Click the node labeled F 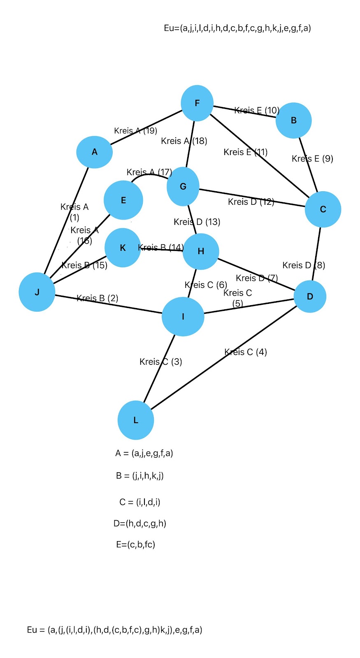click(x=197, y=103)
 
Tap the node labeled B click(x=293, y=120)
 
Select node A click(x=95, y=152)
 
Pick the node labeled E click(x=123, y=200)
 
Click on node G click(x=183, y=187)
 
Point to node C click(x=323, y=209)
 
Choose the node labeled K click(x=123, y=248)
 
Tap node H click(x=201, y=251)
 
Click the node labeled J click(x=37, y=292)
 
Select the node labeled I click(x=183, y=317)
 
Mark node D click(x=310, y=297)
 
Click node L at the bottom click(x=136, y=420)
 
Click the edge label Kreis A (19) click(x=136, y=131)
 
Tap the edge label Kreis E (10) click(x=257, y=110)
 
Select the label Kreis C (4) click(x=246, y=352)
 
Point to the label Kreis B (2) click(x=98, y=298)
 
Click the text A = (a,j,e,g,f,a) click(x=144, y=453)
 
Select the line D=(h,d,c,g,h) click(x=140, y=524)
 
